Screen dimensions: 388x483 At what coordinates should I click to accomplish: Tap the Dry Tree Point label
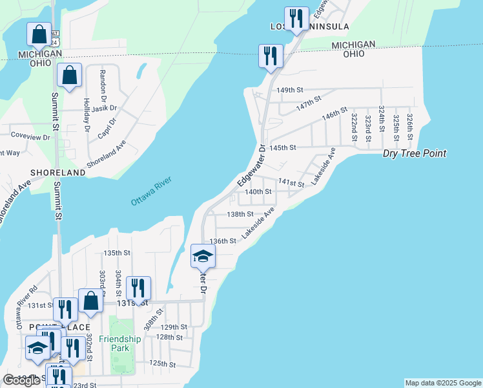[414, 154]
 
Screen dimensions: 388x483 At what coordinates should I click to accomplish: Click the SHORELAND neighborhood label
[57, 173]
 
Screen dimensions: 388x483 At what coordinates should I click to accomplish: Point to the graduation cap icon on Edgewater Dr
[203, 256]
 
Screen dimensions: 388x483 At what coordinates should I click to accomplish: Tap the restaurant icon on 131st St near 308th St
[138, 288]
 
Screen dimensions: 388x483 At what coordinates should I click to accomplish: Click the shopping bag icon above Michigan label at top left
[39, 35]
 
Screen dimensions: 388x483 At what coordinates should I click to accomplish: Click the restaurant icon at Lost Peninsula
[296, 19]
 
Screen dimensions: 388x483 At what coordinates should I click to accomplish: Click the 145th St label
[282, 147]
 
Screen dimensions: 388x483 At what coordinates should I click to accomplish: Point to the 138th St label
[240, 213]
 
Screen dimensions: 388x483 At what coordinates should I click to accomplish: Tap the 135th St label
[117, 253]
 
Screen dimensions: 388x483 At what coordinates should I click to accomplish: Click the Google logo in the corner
[22, 380]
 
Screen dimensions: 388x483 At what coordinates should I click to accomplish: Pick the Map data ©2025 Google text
[442, 383]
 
